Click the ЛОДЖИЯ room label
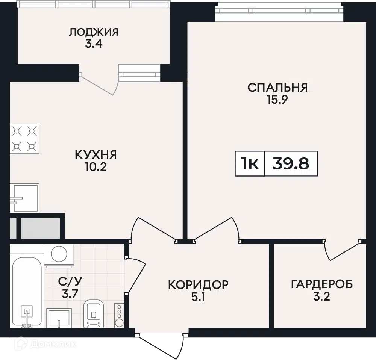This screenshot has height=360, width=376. click(x=94, y=32)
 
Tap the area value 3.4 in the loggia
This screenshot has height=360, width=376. click(x=94, y=44)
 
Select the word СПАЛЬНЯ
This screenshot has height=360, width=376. click(x=277, y=88)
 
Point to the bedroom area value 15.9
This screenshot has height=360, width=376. click(x=277, y=100)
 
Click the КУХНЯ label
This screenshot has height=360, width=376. click(x=96, y=155)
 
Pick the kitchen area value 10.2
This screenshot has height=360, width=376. click(x=96, y=167)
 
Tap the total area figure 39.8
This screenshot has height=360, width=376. click(x=291, y=164)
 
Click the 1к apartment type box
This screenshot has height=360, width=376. click(x=250, y=164)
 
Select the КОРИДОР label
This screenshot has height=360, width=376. click(x=198, y=285)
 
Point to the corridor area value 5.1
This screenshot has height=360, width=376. click(x=198, y=297)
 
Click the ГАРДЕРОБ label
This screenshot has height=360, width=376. click(x=322, y=284)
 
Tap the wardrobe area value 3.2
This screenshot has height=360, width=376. click(x=322, y=297)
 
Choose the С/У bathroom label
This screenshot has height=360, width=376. click(x=70, y=281)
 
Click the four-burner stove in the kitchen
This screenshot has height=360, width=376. click(x=24, y=139)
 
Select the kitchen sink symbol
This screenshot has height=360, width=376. click(x=24, y=198)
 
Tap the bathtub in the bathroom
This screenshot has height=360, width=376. click(x=27, y=292)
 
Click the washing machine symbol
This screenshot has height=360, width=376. click(x=59, y=256)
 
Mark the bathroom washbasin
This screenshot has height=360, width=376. click(x=59, y=318)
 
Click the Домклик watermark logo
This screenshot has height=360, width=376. click(x=45, y=345)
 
